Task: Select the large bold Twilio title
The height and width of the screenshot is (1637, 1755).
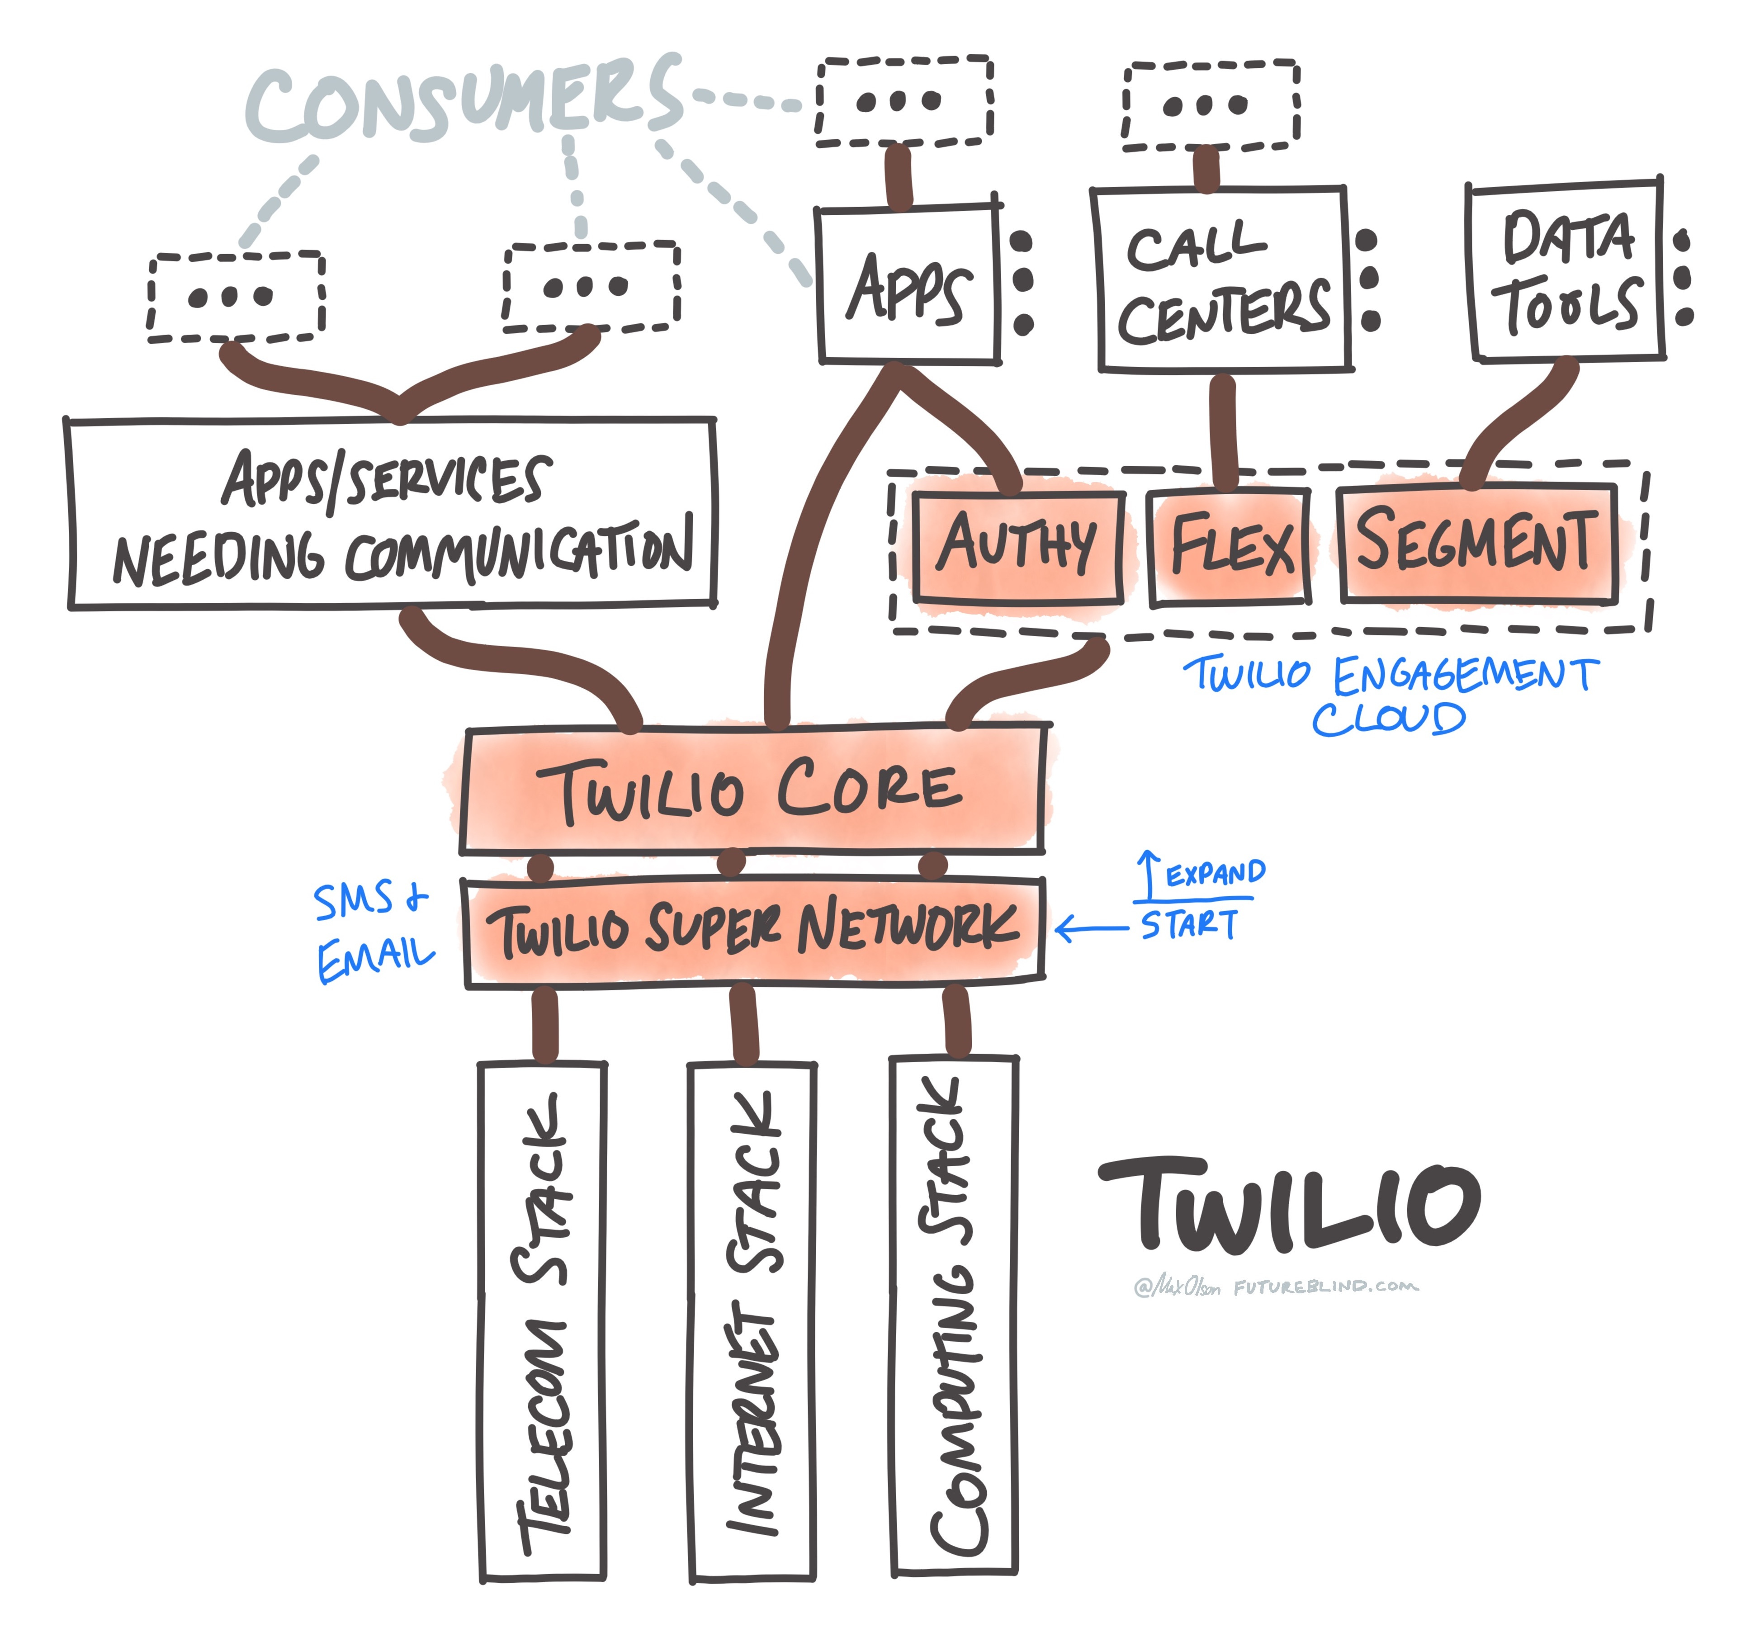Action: pyautogui.click(x=1289, y=1205)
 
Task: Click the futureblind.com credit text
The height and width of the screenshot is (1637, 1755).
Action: pyautogui.click(x=1326, y=1287)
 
